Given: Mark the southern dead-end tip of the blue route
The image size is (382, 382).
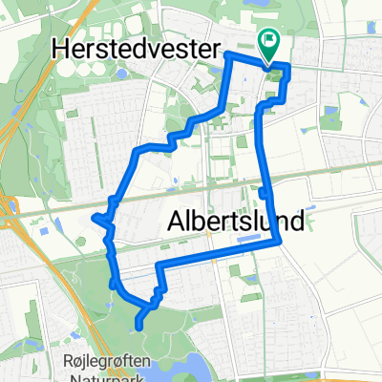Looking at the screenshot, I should point(140,326).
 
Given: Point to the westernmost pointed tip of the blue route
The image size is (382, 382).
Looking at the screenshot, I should point(93,217).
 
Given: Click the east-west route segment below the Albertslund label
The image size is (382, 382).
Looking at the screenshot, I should point(220,252).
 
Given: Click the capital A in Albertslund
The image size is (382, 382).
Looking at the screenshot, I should point(176,222).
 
